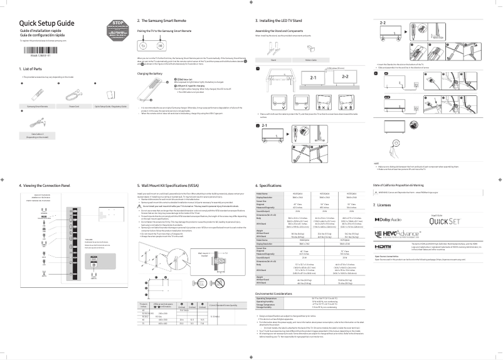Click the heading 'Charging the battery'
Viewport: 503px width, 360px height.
[x=150, y=73]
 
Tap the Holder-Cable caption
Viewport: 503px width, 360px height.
[x=310, y=60]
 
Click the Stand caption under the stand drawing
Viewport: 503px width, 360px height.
[x=274, y=60]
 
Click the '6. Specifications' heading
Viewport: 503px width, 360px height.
[x=272, y=186]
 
